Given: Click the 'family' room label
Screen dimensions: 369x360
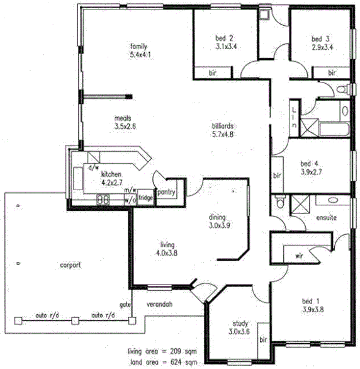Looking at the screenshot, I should click(138, 47).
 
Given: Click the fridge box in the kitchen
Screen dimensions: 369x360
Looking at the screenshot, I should click(146, 198).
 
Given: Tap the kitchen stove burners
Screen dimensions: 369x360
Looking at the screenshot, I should click(103, 200).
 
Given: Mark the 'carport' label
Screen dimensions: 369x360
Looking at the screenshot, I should click(70, 265).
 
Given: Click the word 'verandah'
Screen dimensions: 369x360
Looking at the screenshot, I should click(160, 305).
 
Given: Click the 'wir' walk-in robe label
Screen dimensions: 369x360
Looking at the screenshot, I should click(299, 256).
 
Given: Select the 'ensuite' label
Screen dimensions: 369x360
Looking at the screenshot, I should click(327, 218).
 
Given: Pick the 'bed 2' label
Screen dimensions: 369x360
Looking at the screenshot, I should click(225, 38).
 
